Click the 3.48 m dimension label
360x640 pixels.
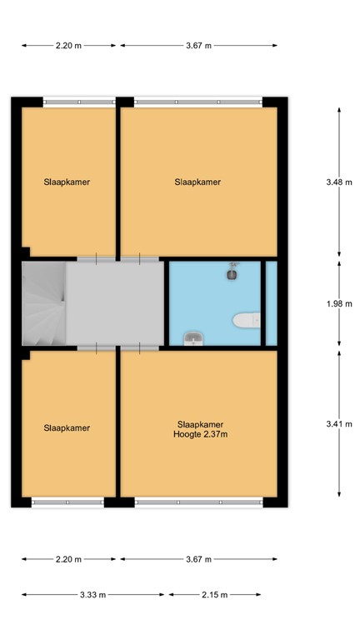pos(338,182)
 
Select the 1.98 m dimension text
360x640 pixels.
pos(338,303)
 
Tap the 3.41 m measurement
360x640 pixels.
pos(338,423)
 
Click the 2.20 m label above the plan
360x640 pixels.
pos(68,46)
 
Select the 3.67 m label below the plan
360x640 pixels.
pos(198,559)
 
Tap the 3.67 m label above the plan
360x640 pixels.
pos(198,46)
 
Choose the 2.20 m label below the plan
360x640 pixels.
pos(68,559)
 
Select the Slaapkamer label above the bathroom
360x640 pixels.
pos(198,182)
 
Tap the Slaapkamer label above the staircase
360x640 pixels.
pos(67,182)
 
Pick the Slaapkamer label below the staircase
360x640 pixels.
pos(67,428)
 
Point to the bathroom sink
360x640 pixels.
pos(192,337)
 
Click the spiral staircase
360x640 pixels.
pos(43,303)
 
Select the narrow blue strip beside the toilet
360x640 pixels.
pos(271,303)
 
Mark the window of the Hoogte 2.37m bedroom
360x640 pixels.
pos(198,502)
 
